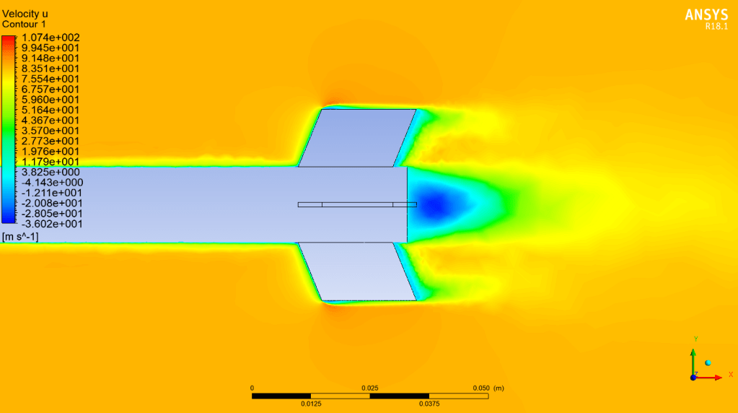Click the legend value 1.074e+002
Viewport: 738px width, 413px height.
pyautogui.click(x=50, y=38)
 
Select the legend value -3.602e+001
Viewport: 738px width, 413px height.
pyautogui.click(x=52, y=224)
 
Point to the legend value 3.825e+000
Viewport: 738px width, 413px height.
pyautogui.click(x=50, y=173)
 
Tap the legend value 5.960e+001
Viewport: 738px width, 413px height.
pyautogui.click(x=50, y=100)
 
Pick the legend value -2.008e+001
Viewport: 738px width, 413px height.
pyautogui.click(x=52, y=204)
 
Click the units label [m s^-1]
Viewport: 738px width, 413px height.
pyautogui.click(x=20, y=237)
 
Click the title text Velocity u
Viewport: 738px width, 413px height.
pyautogui.click(x=25, y=14)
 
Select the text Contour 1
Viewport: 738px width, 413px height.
pyautogui.click(x=24, y=24)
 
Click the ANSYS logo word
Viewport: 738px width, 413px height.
pyautogui.click(x=706, y=15)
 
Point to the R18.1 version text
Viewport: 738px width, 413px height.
pyautogui.click(x=716, y=27)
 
